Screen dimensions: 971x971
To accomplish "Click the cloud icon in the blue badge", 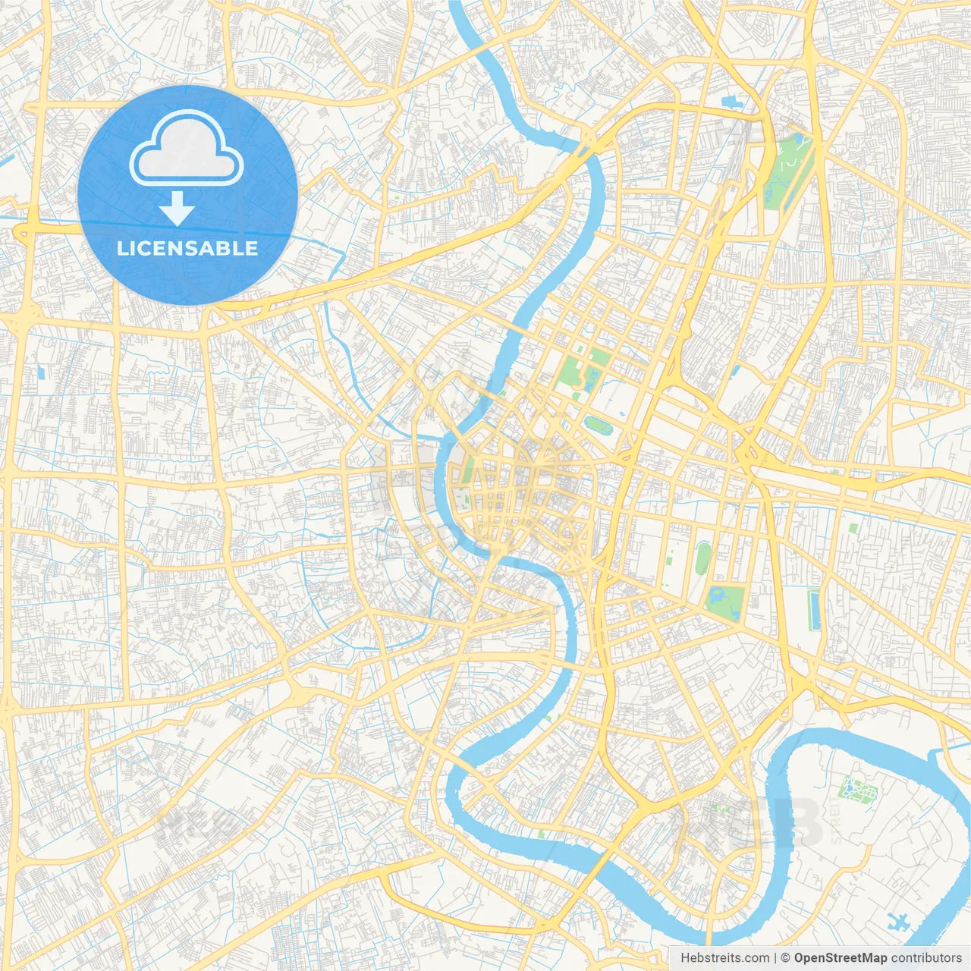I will [187, 148].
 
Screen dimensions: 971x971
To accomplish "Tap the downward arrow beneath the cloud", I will [178, 208].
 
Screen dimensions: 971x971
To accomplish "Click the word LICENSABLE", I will [187, 248].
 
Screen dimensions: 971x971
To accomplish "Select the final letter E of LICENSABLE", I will [251, 248].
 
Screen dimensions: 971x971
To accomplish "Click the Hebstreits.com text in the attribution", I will [724, 958].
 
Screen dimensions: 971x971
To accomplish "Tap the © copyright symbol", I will [785, 958].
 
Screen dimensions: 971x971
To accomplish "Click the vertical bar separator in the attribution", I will [775, 958].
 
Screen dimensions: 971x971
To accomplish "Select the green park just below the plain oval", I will [724, 602].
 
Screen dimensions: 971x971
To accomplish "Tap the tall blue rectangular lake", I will [815, 611].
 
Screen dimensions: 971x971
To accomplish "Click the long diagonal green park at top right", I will [789, 171].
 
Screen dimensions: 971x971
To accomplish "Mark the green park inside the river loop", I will [857, 790].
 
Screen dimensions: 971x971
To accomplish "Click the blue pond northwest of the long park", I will [732, 101].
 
